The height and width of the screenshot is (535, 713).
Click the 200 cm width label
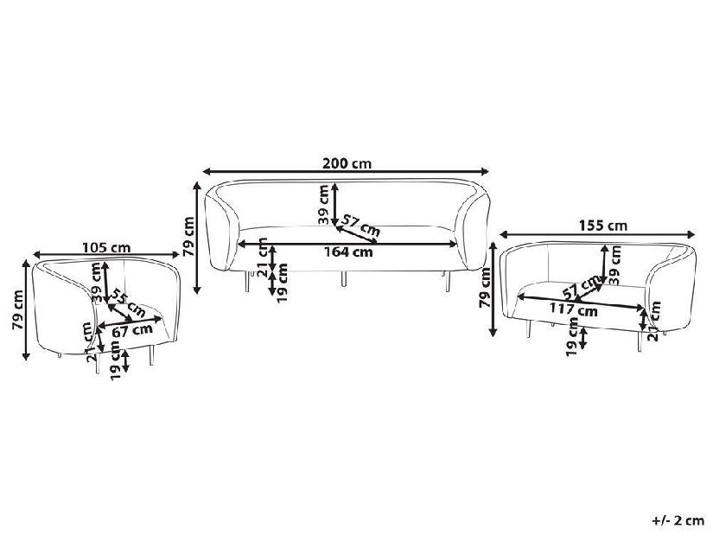coord(347,162)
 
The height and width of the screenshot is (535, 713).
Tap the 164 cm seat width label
coord(348,252)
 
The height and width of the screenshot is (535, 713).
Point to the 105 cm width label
coord(106,247)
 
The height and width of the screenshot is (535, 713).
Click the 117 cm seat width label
coord(573,310)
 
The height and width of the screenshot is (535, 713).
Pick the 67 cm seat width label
coord(132,331)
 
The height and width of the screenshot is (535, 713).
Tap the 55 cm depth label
coord(128,303)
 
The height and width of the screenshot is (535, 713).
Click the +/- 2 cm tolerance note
coord(678,520)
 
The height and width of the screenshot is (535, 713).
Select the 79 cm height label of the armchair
coord(17,309)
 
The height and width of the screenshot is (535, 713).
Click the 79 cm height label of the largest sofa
coord(188,237)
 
